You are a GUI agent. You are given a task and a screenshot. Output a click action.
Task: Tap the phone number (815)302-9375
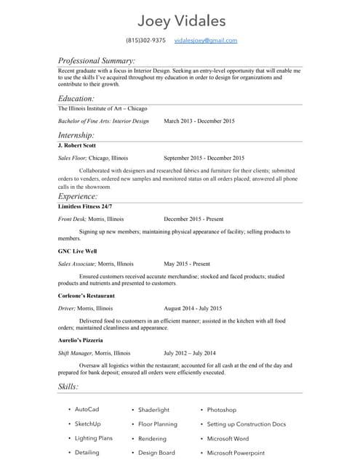coord(145,41)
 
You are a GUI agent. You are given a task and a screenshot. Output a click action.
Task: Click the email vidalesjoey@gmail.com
coord(206,41)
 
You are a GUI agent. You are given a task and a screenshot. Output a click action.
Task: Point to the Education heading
coord(76,98)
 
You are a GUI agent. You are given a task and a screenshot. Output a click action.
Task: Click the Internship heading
coord(76,135)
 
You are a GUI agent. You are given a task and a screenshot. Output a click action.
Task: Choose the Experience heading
coord(78,196)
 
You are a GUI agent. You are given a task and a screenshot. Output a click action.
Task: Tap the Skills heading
coord(68,387)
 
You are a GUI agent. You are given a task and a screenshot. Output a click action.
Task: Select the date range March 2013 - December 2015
coord(199,121)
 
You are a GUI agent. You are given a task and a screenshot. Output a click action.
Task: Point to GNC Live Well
coord(78,251)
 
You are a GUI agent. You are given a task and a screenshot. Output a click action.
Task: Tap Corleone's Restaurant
coord(87,296)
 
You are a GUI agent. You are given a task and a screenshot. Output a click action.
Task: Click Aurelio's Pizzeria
coord(80,340)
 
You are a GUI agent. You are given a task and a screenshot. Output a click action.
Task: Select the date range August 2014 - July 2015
coord(193,308)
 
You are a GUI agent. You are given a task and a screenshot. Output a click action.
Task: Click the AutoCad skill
coord(87,410)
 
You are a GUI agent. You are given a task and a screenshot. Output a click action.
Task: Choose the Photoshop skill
coord(221,410)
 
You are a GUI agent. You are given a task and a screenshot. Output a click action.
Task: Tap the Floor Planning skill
coord(157,424)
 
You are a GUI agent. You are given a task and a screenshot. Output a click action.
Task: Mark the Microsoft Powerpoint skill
coord(236,453)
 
